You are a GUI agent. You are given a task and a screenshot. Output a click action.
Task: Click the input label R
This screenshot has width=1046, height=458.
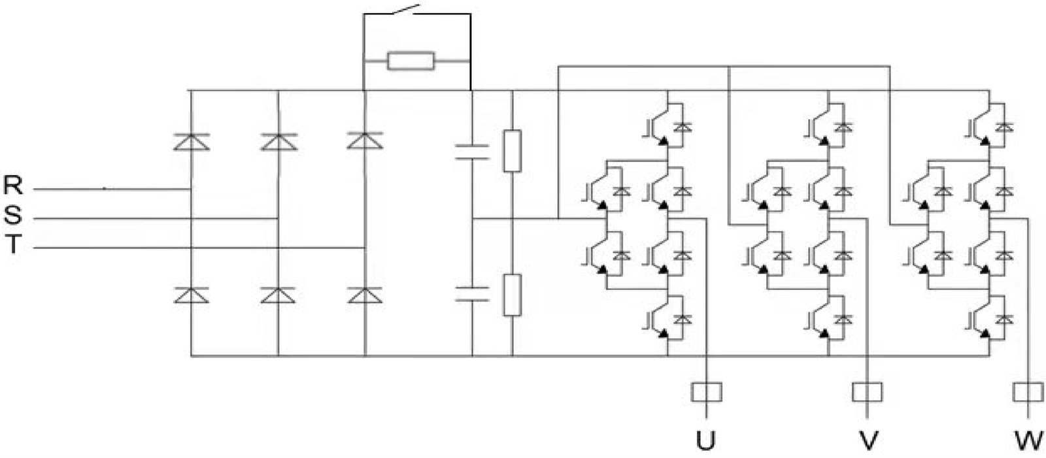(13, 185)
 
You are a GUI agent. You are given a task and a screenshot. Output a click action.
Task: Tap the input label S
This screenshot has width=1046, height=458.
(13, 215)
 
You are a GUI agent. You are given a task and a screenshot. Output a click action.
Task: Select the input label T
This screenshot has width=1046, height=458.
(14, 244)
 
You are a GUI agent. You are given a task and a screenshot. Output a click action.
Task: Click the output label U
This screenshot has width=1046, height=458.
(705, 440)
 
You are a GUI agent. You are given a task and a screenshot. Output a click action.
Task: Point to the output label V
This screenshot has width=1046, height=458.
(868, 440)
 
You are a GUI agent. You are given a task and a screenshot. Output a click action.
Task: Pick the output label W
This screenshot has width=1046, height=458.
(1029, 440)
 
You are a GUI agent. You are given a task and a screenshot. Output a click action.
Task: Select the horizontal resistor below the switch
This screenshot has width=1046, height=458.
(411, 61)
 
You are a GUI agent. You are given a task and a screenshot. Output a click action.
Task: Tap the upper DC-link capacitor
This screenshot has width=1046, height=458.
(472, 152)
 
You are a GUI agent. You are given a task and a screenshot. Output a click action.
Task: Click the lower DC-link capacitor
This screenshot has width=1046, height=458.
(472, 293)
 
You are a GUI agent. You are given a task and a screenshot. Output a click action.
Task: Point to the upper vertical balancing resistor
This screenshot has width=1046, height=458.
(513, 152)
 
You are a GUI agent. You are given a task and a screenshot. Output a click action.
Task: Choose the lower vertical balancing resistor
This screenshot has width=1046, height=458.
(513, 295)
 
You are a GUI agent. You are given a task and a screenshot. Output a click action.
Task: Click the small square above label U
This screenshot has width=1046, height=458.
(707, 392)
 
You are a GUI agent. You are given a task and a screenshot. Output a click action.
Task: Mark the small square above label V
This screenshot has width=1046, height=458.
(867, 392)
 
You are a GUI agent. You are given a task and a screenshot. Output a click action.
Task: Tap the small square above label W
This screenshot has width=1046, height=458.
(1028, 392)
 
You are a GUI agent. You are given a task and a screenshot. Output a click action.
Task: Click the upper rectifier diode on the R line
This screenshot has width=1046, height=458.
(191, 142)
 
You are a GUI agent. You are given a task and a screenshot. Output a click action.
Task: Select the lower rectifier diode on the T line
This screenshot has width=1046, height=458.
(365, 295)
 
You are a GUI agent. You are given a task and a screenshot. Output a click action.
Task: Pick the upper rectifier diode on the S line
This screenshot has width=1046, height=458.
(278, 142)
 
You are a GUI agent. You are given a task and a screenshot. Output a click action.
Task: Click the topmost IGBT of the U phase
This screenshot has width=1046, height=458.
(666, 125)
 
